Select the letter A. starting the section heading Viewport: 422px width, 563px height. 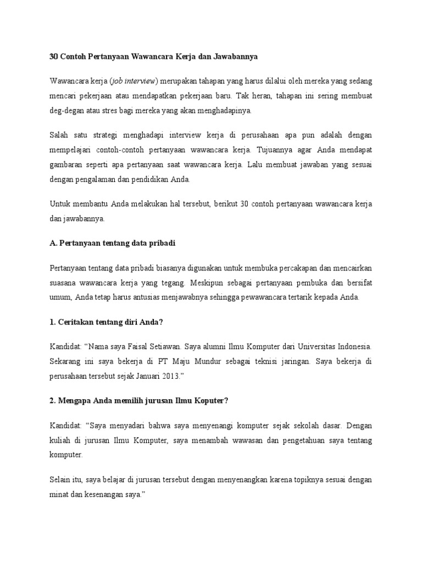pyautogui.click(x=53, y=242)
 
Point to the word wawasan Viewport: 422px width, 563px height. pyautogui.click(x=262, y=440)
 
